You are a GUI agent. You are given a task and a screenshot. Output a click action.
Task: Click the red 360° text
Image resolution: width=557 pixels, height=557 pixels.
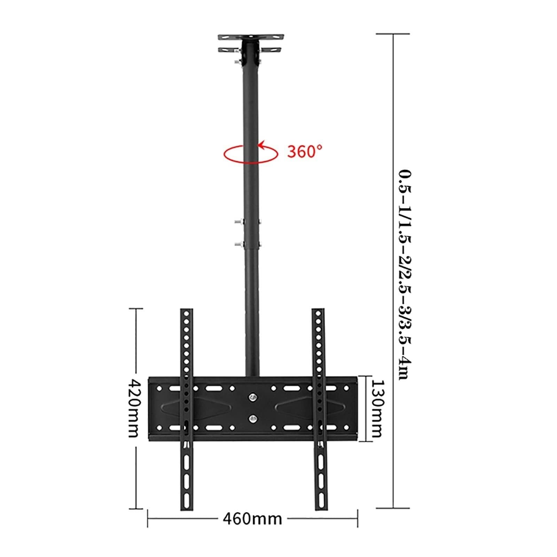(305, 151)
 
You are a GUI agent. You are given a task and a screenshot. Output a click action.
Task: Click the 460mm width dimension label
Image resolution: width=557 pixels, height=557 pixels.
(252, 519)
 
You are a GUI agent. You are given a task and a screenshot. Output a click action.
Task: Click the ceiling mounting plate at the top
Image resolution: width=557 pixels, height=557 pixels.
(251, 37)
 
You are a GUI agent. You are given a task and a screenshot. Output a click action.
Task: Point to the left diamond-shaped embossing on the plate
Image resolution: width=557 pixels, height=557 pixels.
(198, 408)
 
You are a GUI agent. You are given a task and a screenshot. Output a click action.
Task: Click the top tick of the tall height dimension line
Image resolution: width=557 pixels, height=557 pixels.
(393, 34)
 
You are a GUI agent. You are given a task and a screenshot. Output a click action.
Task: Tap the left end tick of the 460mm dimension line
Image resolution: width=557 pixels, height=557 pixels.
(148, 519)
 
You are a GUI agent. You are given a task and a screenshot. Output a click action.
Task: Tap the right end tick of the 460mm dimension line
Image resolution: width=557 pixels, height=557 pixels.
(358, 519)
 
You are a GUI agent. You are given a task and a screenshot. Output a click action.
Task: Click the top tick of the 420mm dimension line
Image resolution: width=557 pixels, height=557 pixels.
(136, 308)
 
